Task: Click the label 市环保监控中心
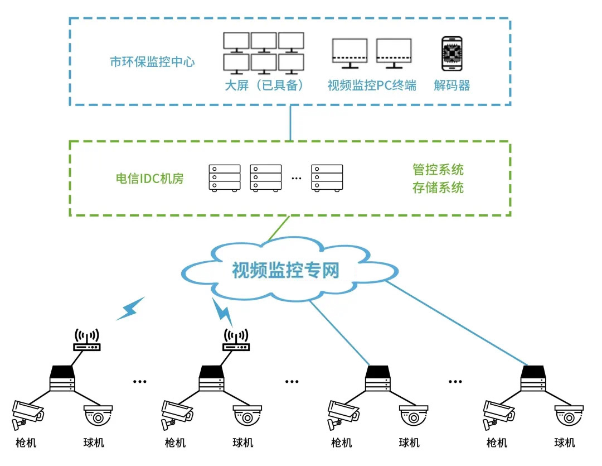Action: pos(152,62)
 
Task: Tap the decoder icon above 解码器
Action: pos(452,54)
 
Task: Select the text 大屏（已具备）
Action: pos(264,85)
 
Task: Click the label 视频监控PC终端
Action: pos(371,85)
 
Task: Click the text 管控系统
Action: pos(438,169)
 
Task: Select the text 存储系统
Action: pos(438,188)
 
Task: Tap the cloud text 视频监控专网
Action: pos(285,271)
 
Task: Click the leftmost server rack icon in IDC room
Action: pos(225,179)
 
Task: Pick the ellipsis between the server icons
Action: pos(296,179)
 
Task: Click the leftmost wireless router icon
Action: pos(87,340)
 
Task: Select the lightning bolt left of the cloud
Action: pos(131,309)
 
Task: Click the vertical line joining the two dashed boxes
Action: pos(290,123)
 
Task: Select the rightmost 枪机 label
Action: pos(497,443)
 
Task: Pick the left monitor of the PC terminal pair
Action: pos(349,52)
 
